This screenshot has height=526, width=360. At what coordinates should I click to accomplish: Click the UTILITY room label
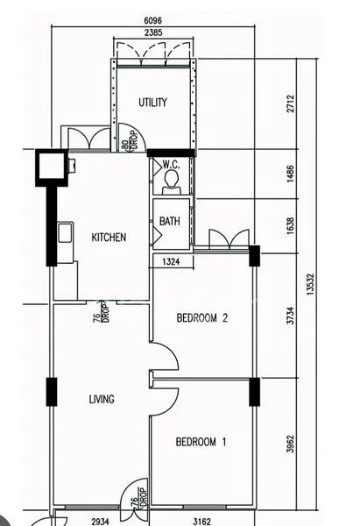(x=152, y=103)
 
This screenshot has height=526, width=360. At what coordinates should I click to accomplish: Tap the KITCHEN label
(x=109, y=237)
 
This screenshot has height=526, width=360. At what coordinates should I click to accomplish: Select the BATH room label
(x=170, y=222)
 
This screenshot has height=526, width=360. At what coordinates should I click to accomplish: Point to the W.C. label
(x=171, y=164)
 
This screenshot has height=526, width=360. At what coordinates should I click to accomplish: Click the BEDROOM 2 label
(x=201, y=318)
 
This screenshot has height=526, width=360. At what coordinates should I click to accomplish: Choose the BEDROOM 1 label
(x=201, y=442)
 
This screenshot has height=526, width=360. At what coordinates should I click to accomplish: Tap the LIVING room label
(x=102, y=399)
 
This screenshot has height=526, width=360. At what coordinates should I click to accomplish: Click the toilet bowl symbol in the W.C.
(x=171, y=181)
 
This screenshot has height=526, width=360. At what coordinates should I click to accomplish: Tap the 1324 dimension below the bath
(x=172, y=261)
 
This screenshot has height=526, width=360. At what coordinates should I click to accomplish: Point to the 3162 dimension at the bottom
(x=201, y=520)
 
